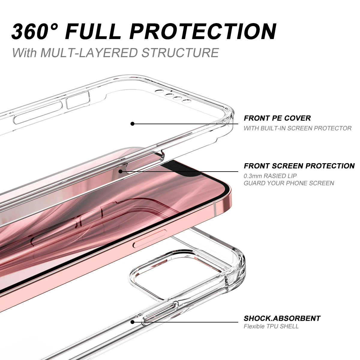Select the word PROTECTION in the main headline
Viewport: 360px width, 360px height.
point(203,31)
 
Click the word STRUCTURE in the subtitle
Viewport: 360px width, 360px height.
point(180,52)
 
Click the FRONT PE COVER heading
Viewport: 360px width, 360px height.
point(277,118)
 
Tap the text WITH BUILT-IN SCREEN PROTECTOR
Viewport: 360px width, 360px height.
point(297,128)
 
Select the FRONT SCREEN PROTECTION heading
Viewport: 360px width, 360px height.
point(299,166)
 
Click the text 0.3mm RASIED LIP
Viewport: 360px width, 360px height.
point(270,176)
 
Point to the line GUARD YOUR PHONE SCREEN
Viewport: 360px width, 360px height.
point(289,183)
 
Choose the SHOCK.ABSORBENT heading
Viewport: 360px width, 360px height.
point(282,318)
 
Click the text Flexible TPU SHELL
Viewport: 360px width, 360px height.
point(271,326)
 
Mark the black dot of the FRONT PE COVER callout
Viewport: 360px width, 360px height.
point(132,124)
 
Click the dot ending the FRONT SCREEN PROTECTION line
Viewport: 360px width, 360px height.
point(120,171)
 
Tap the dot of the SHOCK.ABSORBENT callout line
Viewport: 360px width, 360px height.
point(132,322)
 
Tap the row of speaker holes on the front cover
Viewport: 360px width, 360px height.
point(174,96)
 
